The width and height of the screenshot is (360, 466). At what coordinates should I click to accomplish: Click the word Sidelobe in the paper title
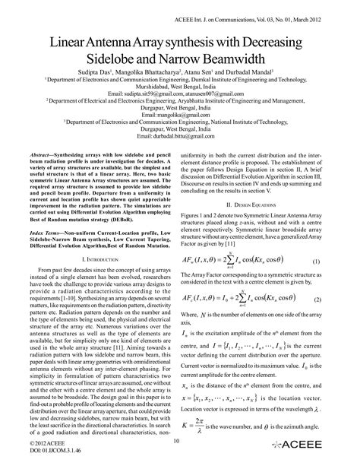(x=116, y=59)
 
